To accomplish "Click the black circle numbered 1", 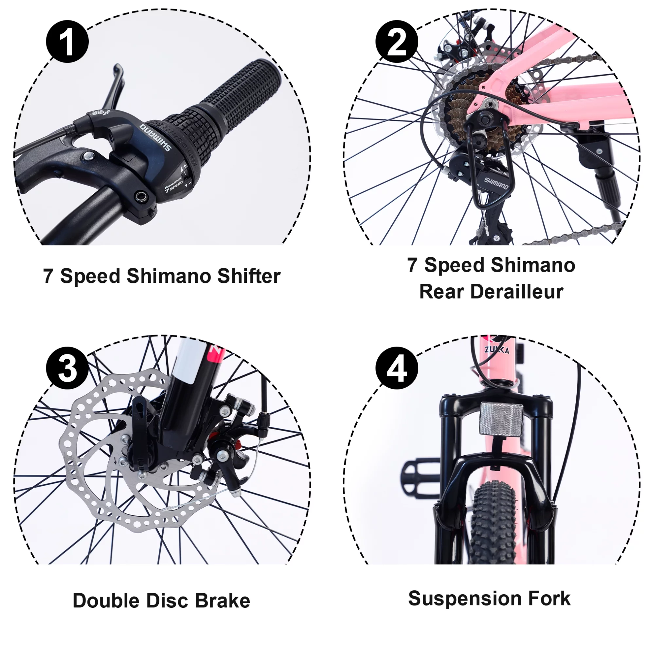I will click(x=67, y=42).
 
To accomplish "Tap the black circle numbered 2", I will click(x=397, y=42).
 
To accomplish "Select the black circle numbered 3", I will click(x=67, y=368).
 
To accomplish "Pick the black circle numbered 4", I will click(x=397, y=368).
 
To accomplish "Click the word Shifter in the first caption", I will click(x=248, y=276).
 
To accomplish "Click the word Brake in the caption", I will click(x=223, y=600).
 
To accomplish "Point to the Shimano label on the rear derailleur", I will click(x=496, y=183).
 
